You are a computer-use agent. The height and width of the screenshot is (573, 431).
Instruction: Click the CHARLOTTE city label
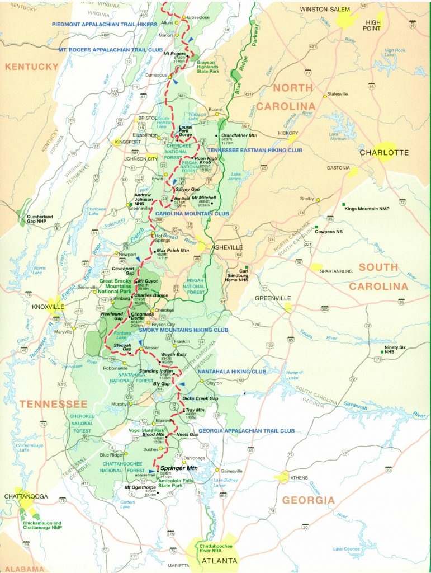[384, 152]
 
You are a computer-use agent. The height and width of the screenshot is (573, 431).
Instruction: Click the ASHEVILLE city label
[226, 247]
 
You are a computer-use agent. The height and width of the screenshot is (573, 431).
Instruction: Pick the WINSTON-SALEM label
[324, 10]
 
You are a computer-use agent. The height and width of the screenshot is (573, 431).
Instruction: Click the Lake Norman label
[338, 136]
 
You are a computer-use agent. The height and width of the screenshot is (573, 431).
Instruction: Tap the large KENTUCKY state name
[32, 67]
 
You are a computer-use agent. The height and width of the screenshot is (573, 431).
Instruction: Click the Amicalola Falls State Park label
[179, 482]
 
